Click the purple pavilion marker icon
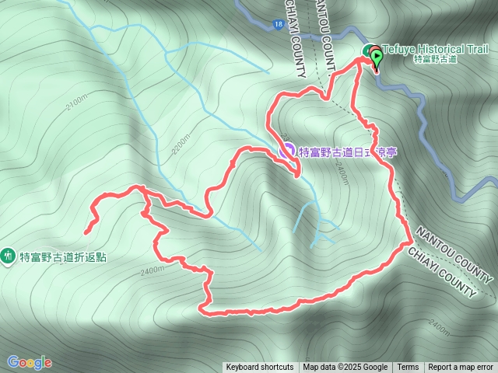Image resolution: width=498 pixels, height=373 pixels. pos(286,150)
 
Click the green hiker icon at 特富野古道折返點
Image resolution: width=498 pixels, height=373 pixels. pos(9,254)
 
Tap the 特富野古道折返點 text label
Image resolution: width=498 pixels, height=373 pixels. pos(63,257)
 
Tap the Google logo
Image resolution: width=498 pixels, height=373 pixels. pos(30,362)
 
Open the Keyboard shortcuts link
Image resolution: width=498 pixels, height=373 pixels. pos(260,368)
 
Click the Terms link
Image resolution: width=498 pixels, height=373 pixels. pos(408,368)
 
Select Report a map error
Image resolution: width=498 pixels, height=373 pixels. pos(461,368)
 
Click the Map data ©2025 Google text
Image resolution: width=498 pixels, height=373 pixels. pos(345,368)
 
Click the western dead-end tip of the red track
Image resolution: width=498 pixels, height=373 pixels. pos(86,231)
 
